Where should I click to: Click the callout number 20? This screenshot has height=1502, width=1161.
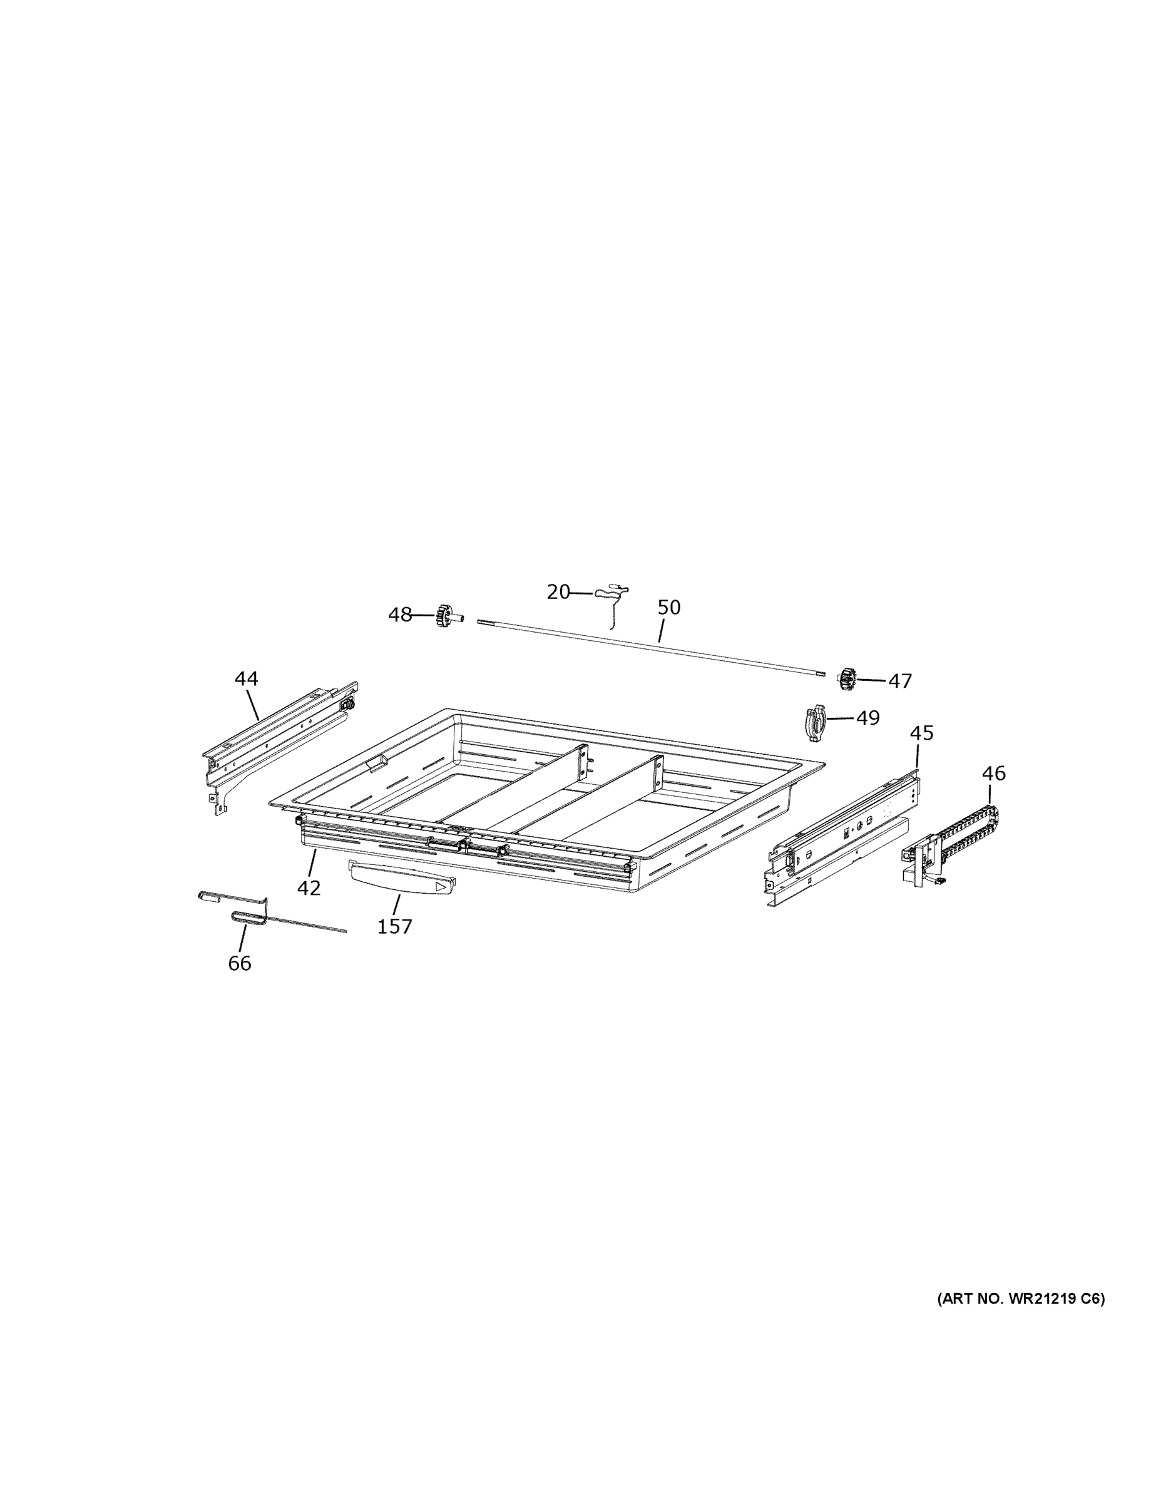[558, 591]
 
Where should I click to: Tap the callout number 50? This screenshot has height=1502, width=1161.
[668, 607]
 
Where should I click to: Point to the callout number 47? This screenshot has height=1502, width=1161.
[899, 681]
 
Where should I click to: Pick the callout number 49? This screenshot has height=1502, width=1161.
[867, 717]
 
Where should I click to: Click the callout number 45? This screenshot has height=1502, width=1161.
[922, 733]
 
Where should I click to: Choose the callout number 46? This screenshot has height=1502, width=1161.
[993, 774]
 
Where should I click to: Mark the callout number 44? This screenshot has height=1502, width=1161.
[246, 679]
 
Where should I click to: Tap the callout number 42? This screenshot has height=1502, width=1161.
[309, 888]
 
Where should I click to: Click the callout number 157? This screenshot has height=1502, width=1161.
[395, 926]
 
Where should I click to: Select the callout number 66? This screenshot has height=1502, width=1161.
[239, 964]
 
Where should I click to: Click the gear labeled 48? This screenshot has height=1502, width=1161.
[444, 616]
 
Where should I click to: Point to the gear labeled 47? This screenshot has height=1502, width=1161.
[846, 679]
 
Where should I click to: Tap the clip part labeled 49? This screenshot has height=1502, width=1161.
[814, 722]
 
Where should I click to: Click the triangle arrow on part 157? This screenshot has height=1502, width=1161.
[441, 887]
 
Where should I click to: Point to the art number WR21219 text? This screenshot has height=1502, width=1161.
[1021, 1299]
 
